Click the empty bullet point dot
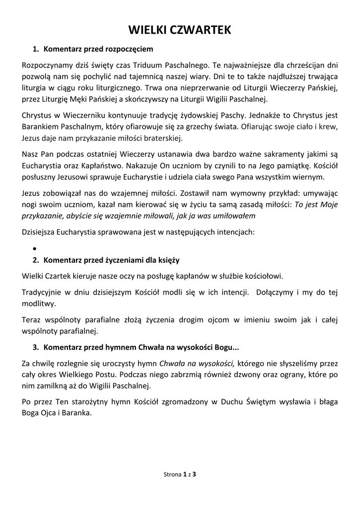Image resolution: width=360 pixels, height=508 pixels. point(35,248)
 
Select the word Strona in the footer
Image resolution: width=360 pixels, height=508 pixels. point(172,475)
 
